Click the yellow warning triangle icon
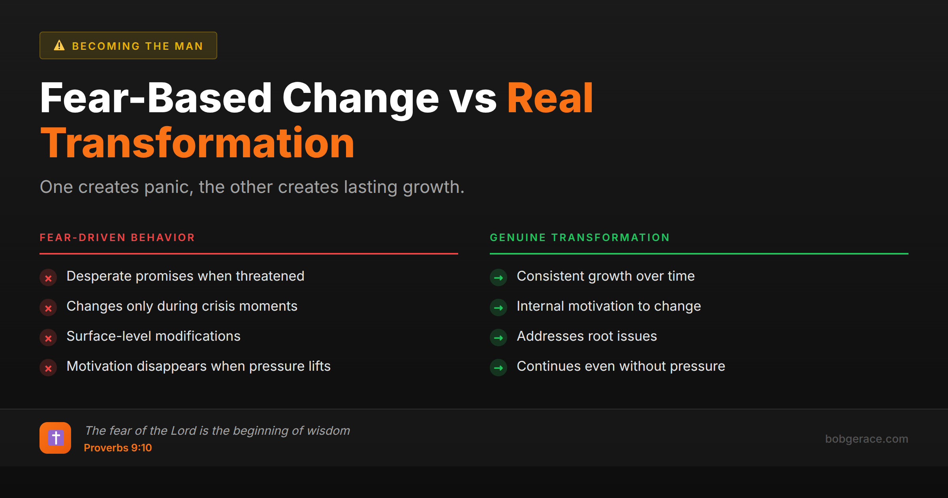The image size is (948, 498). click(59, 45)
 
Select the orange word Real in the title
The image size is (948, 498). click(550, 98)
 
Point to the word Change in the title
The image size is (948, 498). click(360, 98)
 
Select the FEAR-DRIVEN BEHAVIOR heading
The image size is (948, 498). click(117, 238)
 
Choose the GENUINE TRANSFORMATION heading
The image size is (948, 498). click(579, 238)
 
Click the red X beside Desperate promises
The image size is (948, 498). click(48, 278)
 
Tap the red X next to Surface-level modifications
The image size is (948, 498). click(48, 338)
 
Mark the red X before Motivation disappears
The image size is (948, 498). click(48, 368)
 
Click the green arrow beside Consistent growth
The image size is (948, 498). click(498, 278)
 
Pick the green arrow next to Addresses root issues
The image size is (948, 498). click(498, 338)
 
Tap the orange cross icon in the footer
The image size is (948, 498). click(55, 438)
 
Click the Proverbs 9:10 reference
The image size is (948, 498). click(118, 448)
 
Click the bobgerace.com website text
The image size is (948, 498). click(866, 439)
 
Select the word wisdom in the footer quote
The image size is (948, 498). click(328, 430)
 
